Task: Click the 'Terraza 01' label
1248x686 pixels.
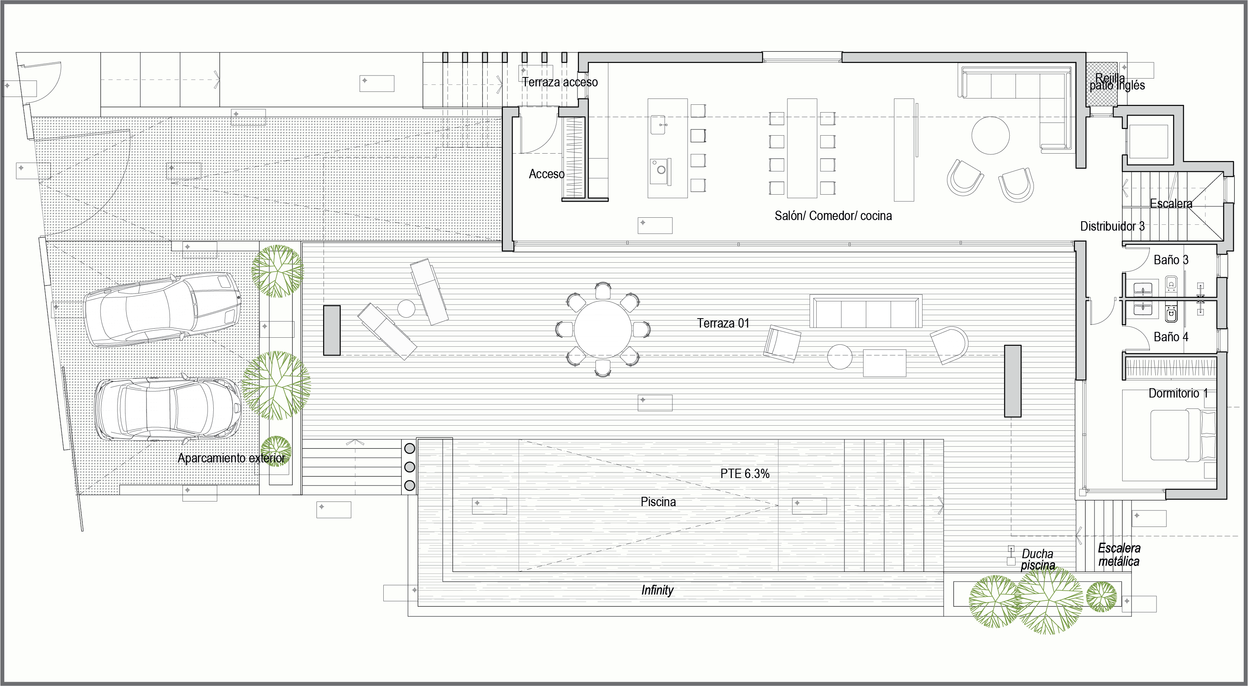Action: (723, 323)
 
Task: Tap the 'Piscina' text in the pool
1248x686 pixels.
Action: (658, 502)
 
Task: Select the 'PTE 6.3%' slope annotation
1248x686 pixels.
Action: (745, 474)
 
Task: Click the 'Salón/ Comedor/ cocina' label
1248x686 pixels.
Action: (833, 216)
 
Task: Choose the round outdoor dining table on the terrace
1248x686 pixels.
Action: (603, 329)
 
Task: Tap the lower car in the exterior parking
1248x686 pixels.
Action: (167, 409)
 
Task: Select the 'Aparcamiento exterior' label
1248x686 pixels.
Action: (231, 458)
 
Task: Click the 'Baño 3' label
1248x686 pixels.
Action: (1171, 260)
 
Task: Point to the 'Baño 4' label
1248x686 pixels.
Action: (1171, 337)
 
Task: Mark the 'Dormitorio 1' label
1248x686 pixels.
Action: (1178, 393)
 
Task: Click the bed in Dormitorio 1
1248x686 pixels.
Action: (1182, 435)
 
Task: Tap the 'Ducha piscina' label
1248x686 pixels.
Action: (1038, 559)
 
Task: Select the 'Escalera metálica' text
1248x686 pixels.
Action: (1119, 555)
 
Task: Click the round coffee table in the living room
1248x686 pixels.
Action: (990, 135)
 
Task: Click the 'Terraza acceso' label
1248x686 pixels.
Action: (560, 82)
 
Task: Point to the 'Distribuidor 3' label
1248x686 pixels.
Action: (1112, 226)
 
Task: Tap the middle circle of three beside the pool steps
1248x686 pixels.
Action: (409, 467)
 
